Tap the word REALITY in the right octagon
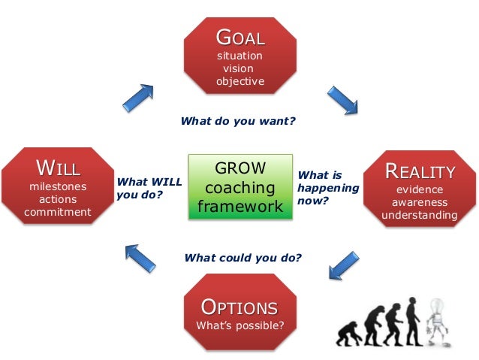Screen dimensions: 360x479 (x=420, y=171)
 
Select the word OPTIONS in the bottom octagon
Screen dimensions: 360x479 (x=239, y=307)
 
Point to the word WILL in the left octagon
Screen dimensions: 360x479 (x=58, y=167)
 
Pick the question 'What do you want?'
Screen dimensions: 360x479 (x=238, y=119)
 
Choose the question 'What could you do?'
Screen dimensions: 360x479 (x=243, y=258)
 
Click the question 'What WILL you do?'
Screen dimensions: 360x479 (x=149, y=188)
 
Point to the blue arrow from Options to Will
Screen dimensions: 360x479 (x=140, y=258)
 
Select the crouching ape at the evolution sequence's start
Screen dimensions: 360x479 (x=346, y=333)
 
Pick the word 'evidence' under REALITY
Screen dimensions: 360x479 (x=420, y=189)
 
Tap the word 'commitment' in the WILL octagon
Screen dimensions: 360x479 (x=58, y=212)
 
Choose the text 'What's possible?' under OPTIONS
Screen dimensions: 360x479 (x=239, y=326)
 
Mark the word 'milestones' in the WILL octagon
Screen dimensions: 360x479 (x=58, y=186)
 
